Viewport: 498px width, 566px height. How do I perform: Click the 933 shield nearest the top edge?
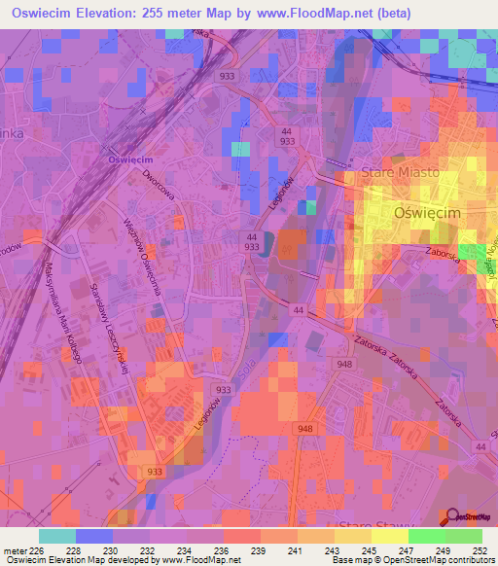point(227,75)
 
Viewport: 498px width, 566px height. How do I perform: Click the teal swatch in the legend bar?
point(57,536)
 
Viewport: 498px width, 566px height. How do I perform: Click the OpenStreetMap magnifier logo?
point(452,516)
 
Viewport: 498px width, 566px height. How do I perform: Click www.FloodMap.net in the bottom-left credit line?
point(198,560)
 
